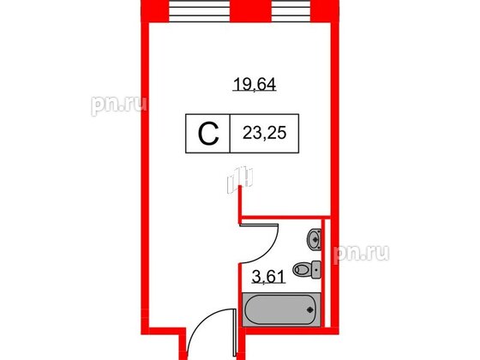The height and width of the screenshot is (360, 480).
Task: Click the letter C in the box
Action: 207,134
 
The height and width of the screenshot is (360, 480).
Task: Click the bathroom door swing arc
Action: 273,249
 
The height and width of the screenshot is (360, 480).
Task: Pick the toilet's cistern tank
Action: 317,271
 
